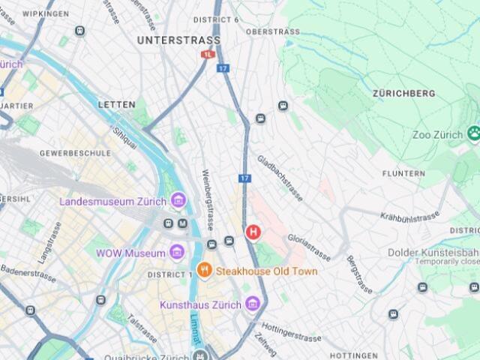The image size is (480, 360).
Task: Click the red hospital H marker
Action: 253,232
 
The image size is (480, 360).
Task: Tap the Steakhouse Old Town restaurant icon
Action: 203,271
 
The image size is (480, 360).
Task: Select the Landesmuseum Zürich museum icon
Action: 178,201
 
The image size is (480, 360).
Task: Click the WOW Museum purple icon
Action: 177,253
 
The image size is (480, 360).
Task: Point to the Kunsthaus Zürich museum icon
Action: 253,304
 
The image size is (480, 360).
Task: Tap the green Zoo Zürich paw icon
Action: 473,134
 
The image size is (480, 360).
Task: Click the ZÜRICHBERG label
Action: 403,94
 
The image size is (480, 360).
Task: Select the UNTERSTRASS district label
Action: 178,40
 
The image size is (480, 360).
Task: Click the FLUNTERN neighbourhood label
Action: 403,173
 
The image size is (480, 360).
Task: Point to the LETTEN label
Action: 116,104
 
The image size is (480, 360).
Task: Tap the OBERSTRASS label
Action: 272,32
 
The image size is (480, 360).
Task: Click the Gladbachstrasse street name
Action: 280,178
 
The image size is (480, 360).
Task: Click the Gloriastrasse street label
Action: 308,246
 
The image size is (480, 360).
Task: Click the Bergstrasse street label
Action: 359,274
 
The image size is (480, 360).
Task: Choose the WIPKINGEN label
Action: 46,13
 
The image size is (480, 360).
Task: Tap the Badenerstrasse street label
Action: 28,271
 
